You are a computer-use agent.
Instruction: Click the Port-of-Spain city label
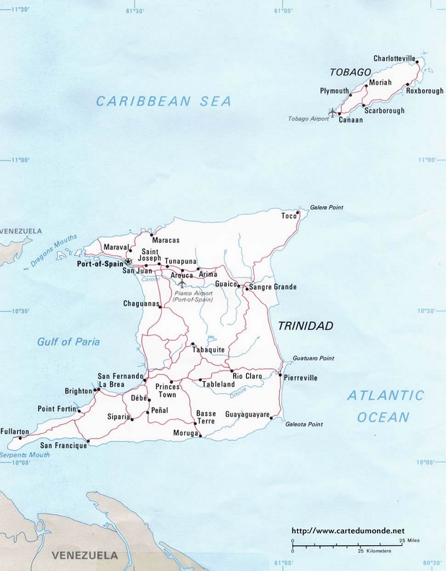tap(100, 264)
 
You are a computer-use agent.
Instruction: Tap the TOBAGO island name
tap(350, 72)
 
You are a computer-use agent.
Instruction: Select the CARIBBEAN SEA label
tap(164, 101)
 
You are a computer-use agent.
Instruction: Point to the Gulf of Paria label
tap(68, 342)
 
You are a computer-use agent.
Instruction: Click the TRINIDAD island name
tap(305, 326)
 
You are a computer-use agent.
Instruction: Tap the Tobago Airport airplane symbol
tap(331, 113)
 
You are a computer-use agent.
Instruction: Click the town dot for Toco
tap(299, 216)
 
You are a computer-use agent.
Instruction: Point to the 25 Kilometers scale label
tap(374, 551)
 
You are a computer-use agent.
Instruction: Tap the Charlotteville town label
tap(394, 58)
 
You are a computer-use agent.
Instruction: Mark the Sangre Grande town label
tap(273, 287)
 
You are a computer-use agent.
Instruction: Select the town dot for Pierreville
tap(280, 374)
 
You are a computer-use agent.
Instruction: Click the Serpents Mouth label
tap(24, 454)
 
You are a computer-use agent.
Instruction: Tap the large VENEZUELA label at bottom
tap(84, 555)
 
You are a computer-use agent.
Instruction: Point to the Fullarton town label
tap(15, 431)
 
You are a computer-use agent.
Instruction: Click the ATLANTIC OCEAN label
tap(386, 406)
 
